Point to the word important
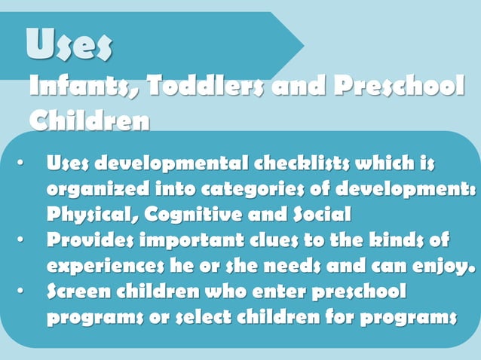(x=189, y=241)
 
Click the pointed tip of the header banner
(x=304, y=46)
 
